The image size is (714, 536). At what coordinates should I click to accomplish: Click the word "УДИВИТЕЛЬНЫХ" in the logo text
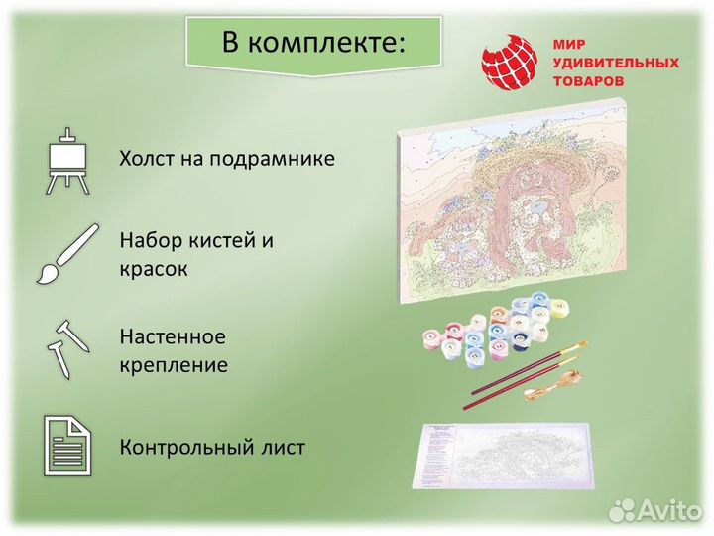pyautogui.click(x=615, y=63)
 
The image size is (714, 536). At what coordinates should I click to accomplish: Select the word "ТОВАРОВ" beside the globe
pyautogui.click(x=589, y=80)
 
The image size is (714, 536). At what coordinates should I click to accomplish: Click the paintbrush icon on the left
pyautogui.click(x=67, y=253)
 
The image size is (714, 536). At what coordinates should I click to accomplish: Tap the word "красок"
pyautogui.click(x=154, y=269)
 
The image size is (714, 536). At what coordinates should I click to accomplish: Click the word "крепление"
pyautogui.click(x=174, y=365)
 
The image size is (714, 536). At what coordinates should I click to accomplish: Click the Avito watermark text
pyautogui.click(x=668, y=510)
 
